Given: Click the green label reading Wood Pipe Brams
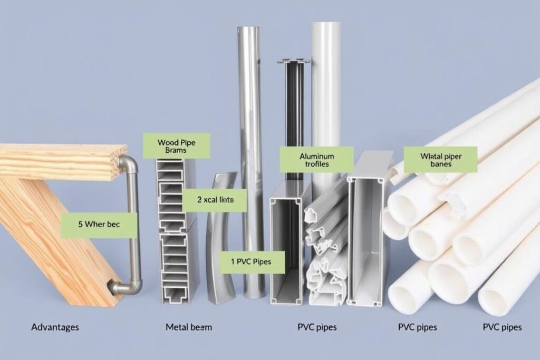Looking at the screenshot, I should (x=176, y=146).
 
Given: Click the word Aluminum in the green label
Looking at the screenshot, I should (x=316, y=156).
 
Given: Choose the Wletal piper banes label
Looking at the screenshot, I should (x=440, y=160).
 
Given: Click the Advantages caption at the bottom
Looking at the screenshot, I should (x=55, y=327).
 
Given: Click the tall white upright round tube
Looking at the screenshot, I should (x=325, y=95).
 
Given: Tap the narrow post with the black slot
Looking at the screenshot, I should (x=294, y=100).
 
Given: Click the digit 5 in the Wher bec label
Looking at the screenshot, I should (x=80, y=224).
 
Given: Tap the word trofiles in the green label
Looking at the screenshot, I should (x=316, y=164).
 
